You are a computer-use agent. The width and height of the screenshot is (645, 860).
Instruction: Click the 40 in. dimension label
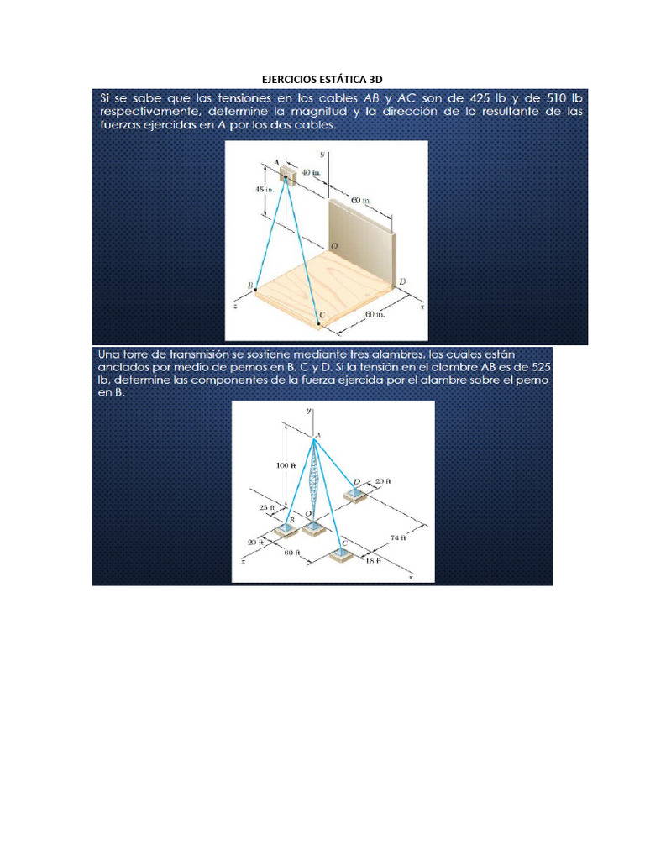tap(311, 170)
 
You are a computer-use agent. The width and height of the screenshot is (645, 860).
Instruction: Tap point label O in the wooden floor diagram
tap(334, 246)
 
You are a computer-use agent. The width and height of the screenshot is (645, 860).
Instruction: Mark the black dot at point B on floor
tap(256, 291)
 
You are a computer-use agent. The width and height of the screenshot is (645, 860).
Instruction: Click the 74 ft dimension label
tap(400, 537)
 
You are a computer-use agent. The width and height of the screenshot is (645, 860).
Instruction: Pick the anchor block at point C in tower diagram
tap(341, 555)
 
